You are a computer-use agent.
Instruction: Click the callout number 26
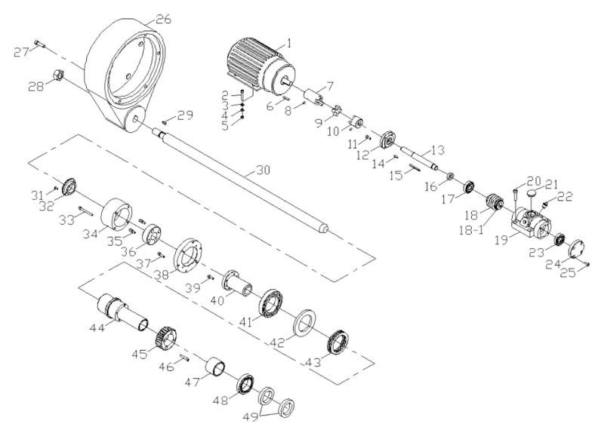click(162, 18)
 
